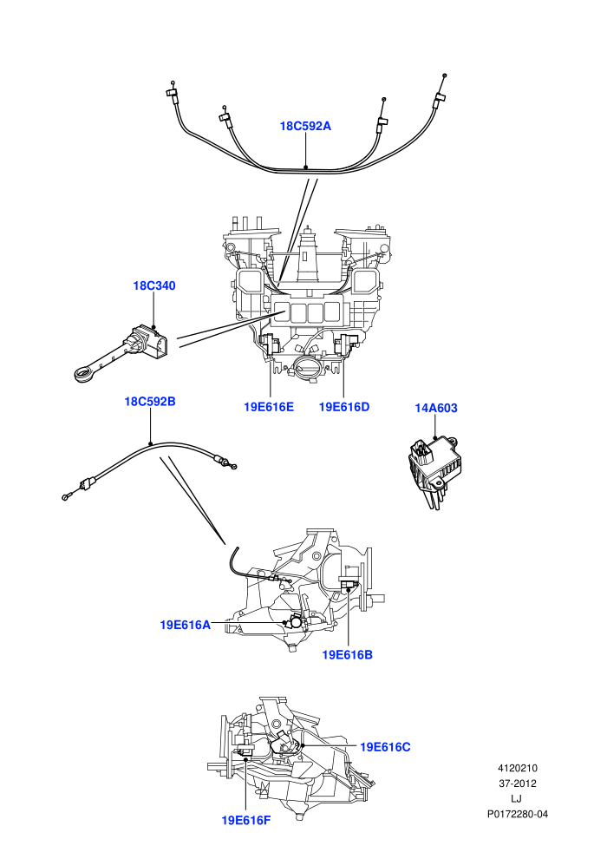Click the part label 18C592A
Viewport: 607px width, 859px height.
click(305, 126)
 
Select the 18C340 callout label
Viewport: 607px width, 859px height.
click(154, 286)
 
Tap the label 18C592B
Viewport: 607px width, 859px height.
click(150, 402)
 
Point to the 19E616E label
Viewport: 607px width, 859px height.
click(269, 407)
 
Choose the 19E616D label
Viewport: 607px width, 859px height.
click(344, 407)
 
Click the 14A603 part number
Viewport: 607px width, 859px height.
click(436, 408)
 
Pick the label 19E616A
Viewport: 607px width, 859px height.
click(185, 625)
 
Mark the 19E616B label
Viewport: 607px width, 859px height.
click(347, 654)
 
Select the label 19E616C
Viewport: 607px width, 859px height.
click(385, 747)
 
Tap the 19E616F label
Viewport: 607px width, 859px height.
click(245, 820)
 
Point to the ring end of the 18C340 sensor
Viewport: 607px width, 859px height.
click(84, 375)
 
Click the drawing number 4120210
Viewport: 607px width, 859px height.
click(517, 768)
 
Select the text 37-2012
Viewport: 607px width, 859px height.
click(517, 784)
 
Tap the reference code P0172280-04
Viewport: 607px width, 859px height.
click(517, 814)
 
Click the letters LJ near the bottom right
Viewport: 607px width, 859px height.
click(516, 799)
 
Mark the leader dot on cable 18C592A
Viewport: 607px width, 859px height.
click(306, 167)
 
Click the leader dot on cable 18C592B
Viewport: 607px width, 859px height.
click(150, 443)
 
